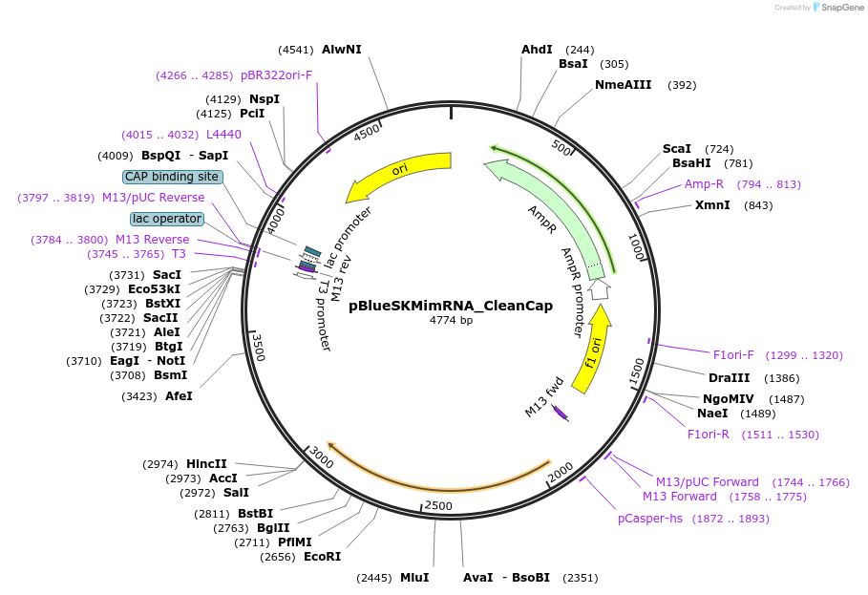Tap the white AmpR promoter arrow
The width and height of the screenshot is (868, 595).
(599, 289)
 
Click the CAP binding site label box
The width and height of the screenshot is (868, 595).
(173, 177)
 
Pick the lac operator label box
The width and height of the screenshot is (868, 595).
(167, 219)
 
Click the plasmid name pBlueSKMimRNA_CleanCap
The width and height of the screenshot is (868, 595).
(451, 306)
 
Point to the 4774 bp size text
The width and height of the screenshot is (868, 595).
(451, 320)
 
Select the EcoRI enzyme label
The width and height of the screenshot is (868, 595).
(322, 556)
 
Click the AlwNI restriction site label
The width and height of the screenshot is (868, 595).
(342, 50)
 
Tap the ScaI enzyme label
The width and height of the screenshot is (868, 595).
(676, 148)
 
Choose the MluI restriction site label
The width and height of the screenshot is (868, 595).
(414, 577)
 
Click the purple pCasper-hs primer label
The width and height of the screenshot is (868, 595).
(650, 519)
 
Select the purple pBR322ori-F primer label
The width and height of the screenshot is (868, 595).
(276, 74)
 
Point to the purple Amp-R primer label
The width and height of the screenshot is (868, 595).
(704, 183)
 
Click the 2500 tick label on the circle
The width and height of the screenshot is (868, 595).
(438, 506)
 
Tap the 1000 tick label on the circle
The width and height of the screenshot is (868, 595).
(637, 246)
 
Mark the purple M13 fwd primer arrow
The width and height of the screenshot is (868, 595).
(561, 413)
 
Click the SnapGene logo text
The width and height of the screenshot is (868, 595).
(842, 8)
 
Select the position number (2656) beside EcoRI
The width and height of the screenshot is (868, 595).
(277, 556)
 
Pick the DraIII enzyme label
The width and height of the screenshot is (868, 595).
(729, 377)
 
